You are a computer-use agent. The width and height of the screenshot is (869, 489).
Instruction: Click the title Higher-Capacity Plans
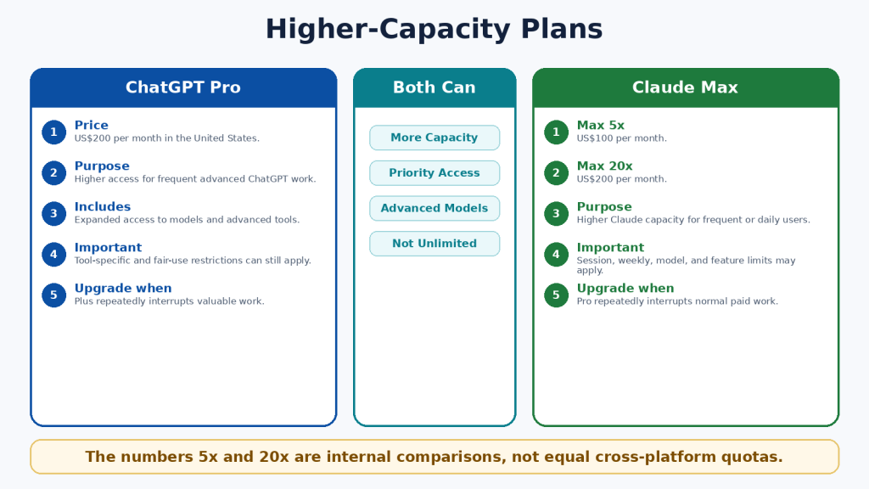[434, 30]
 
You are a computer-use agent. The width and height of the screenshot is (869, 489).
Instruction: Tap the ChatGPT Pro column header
[183, 87]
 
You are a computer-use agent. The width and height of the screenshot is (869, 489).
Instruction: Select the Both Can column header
[434, 87]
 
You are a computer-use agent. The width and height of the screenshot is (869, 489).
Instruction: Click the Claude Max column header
[686, 87]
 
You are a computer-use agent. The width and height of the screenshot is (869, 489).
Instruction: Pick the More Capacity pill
[434, 138]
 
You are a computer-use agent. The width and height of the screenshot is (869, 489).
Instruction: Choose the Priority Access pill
[434, 173]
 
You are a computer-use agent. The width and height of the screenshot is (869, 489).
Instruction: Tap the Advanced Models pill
[434, 209]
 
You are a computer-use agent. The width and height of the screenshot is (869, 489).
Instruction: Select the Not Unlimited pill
[434, 244]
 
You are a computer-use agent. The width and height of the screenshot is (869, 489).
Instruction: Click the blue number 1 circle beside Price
[53, 132]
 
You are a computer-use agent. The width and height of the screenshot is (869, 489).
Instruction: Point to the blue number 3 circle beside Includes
[53, 213]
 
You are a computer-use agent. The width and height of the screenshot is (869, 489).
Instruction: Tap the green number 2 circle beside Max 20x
[556, 173]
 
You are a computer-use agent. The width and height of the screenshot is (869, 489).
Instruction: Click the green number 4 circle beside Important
[556, 255]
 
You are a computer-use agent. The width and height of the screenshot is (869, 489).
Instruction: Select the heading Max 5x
[601, 126]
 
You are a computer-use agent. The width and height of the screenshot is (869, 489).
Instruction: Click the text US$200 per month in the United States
[167, 138]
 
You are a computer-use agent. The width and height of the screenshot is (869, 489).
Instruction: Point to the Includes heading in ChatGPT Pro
[103, 207]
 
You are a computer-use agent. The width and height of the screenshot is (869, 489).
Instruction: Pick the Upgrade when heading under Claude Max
[625, 289]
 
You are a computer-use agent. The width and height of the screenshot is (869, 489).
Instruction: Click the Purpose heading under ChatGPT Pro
[102, 166]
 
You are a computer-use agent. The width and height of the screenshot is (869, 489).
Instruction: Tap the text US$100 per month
[622, 138]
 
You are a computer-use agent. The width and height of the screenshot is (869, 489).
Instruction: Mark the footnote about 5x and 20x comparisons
[434, 457]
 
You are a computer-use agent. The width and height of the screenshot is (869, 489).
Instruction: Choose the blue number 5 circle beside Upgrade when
[53, 295]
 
